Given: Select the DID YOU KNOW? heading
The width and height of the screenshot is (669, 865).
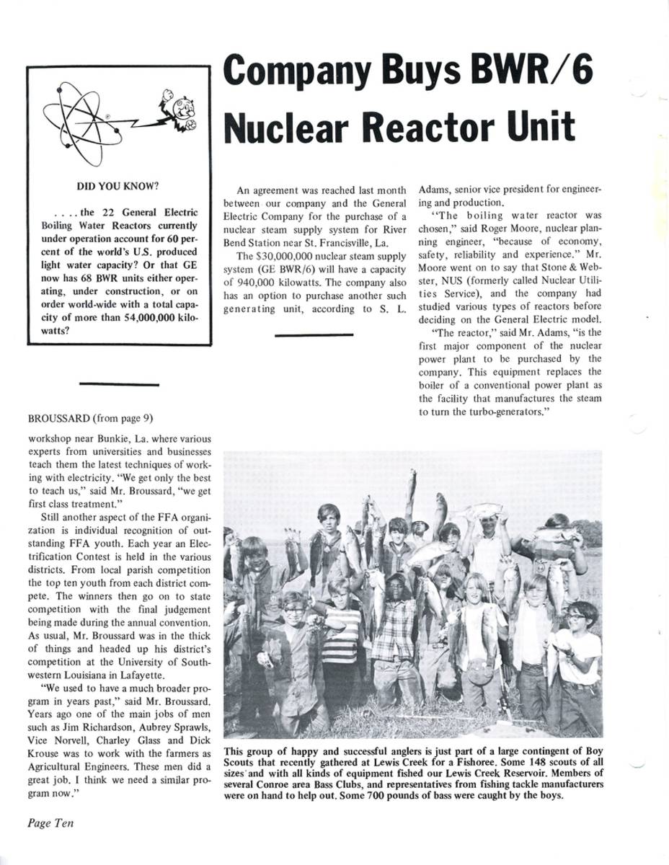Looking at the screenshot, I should pyautogui.click(x=118, y=186).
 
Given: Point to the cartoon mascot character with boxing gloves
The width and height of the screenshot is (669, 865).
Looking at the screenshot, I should pyautogui.click(x=180, y=112).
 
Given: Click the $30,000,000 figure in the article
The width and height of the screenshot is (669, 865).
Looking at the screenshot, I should pyautogui.click(x=284, y=256).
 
